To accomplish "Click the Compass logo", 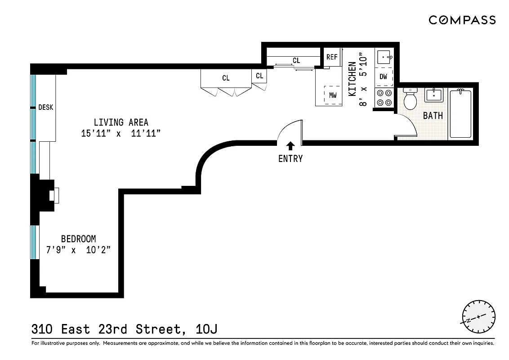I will [x=462, y=20].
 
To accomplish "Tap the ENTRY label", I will [x=290, y=158].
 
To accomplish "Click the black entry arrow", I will [x=290, y=145].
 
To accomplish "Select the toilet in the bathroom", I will [x=410, y=99].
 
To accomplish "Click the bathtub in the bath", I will [x=461, y=113].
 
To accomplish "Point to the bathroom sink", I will [x=434, y=95].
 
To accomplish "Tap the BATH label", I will [x=433, y=116].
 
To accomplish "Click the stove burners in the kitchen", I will [x=384, y=98].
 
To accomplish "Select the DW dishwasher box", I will [x=383, y=76].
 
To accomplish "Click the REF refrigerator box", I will [x=332, y=57].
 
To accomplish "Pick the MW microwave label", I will [x=333, y=95].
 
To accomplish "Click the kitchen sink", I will [x=384, y=58].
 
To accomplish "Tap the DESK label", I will [x=45, y=107].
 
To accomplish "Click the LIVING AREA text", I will [x=121, y=122].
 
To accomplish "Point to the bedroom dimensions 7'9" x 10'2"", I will [x=78, y=250].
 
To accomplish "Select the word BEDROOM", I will [x=78, y=239].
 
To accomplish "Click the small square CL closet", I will [x=259, y=76].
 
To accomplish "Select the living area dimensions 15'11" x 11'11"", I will [x=121, y=134].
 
